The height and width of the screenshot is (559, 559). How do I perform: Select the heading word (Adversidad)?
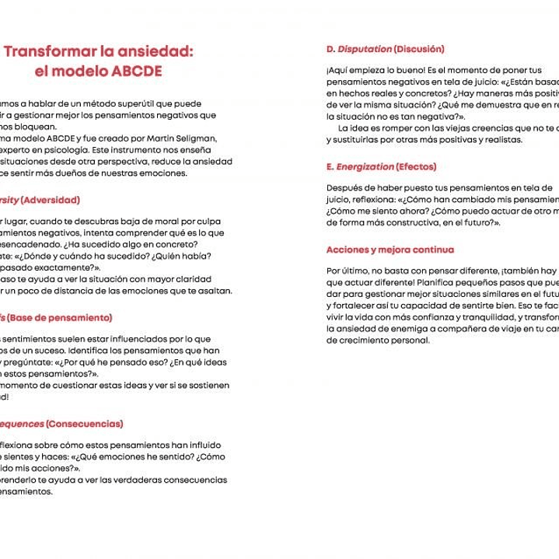click(x=50, y=200)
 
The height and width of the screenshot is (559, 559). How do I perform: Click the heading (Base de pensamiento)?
click(x=59, y=317)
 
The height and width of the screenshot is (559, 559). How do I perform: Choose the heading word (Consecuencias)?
click(x=84, y=424)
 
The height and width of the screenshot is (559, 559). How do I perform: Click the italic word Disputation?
click(x=365, y=49)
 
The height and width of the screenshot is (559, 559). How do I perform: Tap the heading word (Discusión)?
click(x=419, y=49)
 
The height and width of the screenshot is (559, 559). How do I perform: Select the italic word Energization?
click(x=365, y=166)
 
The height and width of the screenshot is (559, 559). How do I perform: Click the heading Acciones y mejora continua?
click(x=390, y=250)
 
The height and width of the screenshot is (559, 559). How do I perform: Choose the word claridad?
click(x=191, y=279)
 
